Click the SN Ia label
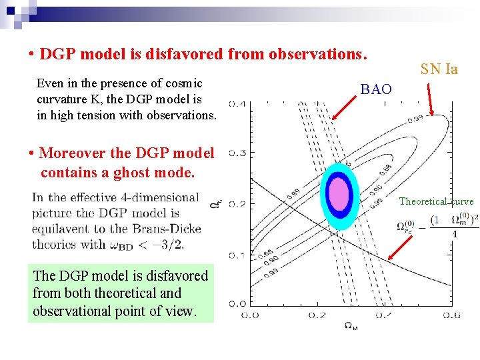point(439,69)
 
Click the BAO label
point(376,89)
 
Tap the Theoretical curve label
point(436,201)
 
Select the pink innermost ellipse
point(339,193)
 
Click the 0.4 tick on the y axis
point(237,103)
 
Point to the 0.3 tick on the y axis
point(237,153)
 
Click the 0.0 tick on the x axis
point(250,315)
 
